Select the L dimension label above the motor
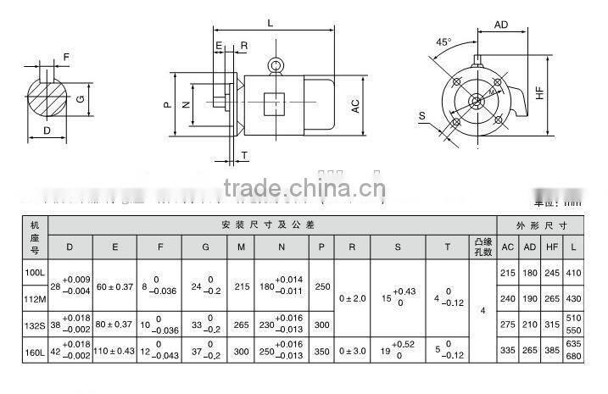(270, 24)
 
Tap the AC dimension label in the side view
(356, 105)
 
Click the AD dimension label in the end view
(501, 25)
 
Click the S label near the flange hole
(423, 114)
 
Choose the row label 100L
(35, 274)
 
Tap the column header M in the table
(240, 247)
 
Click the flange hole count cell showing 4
(482, 311)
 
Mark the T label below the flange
(244, 155)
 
